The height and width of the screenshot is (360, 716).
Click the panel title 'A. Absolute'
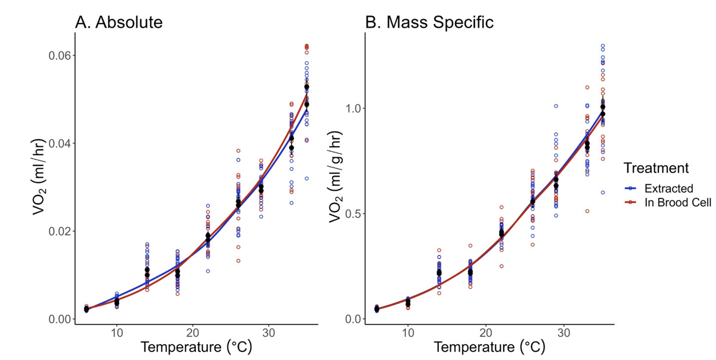119,22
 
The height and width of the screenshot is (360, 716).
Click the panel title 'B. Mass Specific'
429,22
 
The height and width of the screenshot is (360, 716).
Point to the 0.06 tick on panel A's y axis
59,56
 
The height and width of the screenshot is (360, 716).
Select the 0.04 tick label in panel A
59,143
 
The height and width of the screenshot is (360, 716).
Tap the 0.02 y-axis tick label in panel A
59,231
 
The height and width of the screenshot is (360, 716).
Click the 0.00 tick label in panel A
59,319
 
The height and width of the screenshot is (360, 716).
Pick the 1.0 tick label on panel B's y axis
353,108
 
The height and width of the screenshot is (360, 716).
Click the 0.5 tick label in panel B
353,214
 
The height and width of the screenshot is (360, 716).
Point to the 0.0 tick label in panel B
353,319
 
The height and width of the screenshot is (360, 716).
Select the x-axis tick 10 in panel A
117,333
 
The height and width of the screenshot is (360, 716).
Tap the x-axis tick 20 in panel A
192,333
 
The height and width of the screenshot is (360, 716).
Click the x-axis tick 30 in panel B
564,333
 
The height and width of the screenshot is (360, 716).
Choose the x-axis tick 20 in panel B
486,333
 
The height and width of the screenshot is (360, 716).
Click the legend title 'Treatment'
656,168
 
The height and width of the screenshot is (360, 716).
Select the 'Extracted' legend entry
668,189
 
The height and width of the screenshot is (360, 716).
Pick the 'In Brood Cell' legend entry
677,202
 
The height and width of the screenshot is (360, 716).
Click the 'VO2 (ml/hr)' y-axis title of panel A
39,177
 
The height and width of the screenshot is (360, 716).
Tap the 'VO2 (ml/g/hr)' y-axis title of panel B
336,177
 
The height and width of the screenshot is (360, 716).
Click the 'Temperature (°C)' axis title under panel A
196,347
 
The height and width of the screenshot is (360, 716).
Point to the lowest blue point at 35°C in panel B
603,192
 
